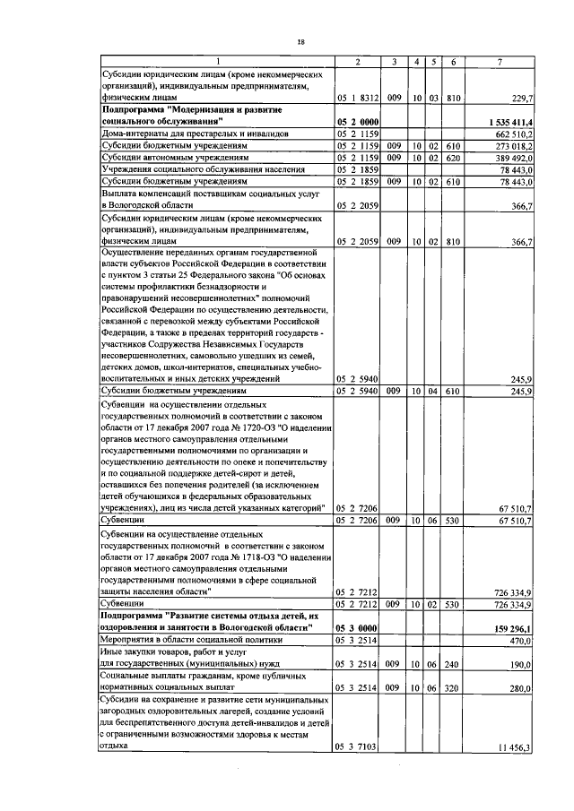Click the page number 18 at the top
[x=301, y=41]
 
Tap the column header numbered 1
[x=215, y=61]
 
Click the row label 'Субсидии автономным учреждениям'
[x=174, y=156]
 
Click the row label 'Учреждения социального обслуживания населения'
[x=205, y=168]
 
